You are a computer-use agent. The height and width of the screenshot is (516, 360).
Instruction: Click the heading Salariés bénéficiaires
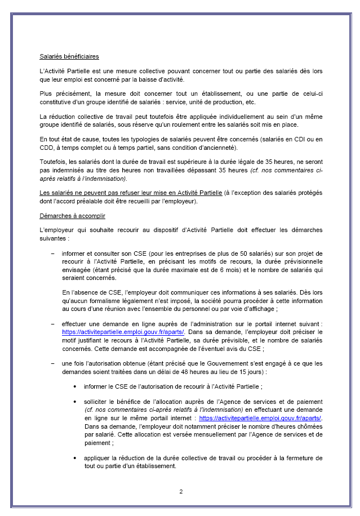pyautogui.click(x=69, y=57)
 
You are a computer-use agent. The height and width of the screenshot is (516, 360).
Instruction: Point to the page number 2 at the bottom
pyautogui.click(x=181, y=491)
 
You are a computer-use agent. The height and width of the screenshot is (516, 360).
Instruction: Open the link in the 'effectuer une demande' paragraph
pyautogui.click(x=123, y=332)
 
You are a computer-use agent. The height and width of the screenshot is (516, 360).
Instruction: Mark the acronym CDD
pyautogui.click(x=48, y=148)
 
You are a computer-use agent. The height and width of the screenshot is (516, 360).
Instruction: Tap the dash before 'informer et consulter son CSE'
pyautogui.click(x=53, y=254)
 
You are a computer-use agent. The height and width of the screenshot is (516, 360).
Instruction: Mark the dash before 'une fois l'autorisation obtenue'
pyautogui.click(x=53, y=364)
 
